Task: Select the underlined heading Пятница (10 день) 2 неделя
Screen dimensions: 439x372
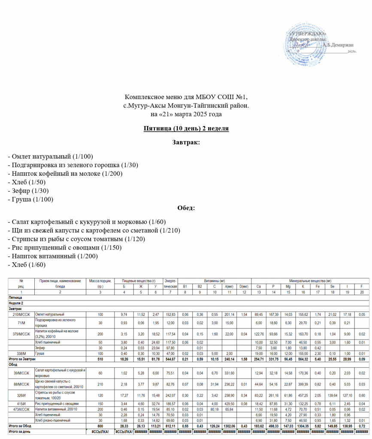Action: [x=186, y=129]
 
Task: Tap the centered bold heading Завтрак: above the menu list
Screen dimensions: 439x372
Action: [x=186, y=142]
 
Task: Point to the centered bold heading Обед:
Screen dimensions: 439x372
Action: [x=186, y=208]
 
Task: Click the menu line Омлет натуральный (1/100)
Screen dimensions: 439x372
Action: [x=51, y=156]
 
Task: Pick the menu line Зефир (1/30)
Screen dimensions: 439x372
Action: [x=28, y=190]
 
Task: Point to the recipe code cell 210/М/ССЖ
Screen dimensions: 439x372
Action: [x=21, y=314]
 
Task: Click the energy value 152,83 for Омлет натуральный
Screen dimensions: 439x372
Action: [x=171, y=314]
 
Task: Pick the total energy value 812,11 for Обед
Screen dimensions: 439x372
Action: [x=171, y=426]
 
